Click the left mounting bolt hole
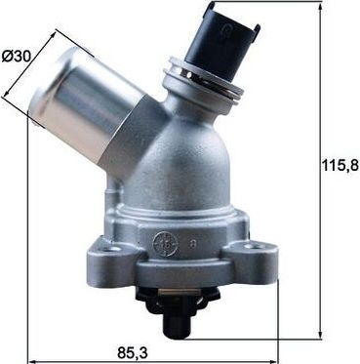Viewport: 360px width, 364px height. (x=110, y=249)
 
